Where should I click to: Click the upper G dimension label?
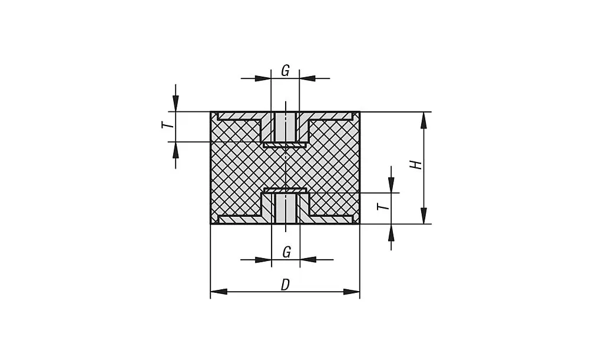point(285,71)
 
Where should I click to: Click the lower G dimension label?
point(286,252)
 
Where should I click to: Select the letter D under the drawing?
point(285,285)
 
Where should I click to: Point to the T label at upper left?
point(167,125)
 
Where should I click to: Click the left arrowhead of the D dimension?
point(219,292)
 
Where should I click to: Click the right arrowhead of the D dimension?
point(352,292)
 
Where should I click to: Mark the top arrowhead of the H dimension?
point(423,120)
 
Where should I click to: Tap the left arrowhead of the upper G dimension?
point(263,78)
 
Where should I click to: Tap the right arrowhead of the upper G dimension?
point(307,78)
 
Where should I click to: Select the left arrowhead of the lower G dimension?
point(263,259)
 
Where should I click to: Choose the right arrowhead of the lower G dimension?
point(307,259)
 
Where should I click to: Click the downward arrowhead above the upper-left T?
point(176,104)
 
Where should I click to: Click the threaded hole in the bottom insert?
point(285,208)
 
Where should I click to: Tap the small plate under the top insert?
point(285,144)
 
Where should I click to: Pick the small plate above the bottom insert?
point(285,190)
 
